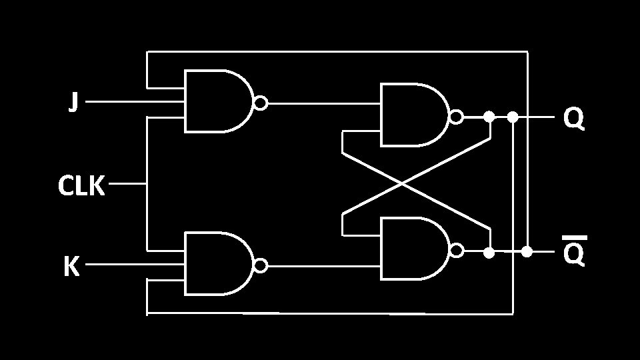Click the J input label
(74, 102)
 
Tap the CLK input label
(81, 187)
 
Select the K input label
(71, 267)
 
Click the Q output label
(573, 119)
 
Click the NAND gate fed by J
(217, 101)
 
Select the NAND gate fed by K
(217, 264)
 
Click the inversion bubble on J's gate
(261, 103)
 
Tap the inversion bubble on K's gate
(261, 265)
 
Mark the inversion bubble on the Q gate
(457, 117)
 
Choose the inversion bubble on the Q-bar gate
(457, 251)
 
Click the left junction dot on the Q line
(489, 117)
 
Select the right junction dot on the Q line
(513, 117)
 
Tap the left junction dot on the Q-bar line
(489, 253)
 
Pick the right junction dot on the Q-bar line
(527, 251)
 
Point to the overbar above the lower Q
(574, 237)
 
